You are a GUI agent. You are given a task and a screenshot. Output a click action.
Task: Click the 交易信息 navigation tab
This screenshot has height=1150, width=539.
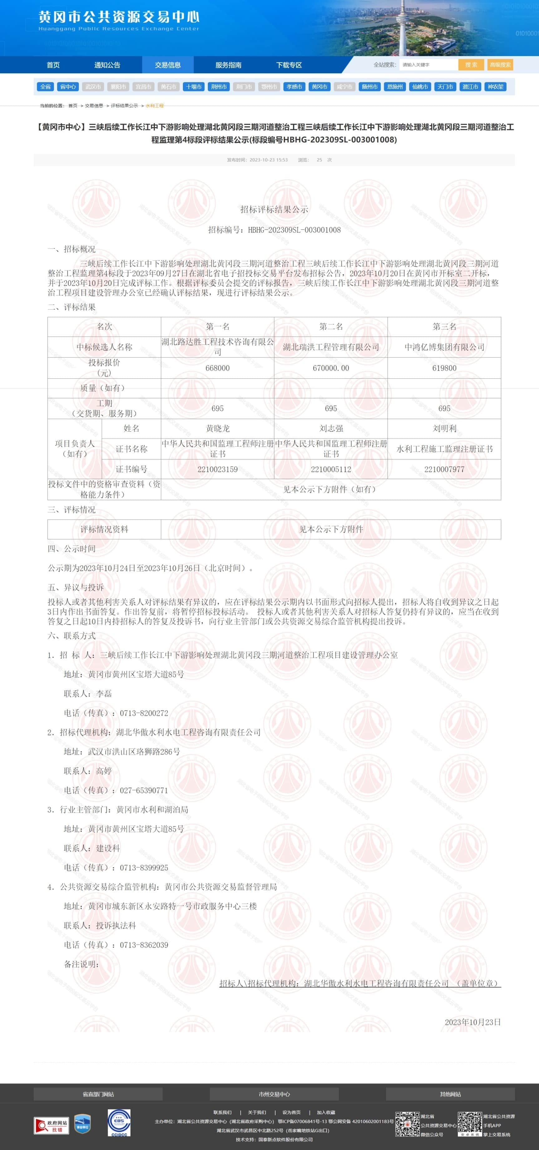(168, 65)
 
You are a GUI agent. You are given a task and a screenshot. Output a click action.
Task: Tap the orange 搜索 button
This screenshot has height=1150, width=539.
(471, 65)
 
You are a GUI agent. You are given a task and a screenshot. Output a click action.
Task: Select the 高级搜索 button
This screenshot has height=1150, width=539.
(500, 65)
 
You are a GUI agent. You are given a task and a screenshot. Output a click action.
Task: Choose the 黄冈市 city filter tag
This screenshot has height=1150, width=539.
(320, 87)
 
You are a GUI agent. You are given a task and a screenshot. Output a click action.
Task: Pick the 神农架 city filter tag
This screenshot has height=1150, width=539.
(495, 87)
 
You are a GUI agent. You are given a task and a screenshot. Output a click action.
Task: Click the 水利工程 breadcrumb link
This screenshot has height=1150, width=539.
(154, 106)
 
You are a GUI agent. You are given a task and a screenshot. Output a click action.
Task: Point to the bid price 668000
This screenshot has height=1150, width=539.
(217, 368)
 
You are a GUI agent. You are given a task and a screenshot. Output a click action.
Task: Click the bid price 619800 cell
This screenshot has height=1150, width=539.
(444, 368)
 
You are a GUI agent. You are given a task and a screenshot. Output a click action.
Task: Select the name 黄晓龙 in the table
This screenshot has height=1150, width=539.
(217, 428)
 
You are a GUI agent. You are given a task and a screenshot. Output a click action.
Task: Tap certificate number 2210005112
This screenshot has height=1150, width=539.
(331, 469)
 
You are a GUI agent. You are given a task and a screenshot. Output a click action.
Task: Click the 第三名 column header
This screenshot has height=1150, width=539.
(444, 326)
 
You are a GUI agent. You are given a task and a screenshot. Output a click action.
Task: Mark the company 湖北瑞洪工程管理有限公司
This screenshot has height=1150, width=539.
(331, 347)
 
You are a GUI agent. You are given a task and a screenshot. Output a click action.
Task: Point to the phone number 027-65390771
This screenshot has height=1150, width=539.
(144, 790)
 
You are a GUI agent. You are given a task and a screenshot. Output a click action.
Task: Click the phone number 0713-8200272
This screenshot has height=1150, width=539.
(144, 713)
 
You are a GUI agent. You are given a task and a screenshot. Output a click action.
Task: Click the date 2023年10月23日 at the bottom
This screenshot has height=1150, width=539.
(473, 1022)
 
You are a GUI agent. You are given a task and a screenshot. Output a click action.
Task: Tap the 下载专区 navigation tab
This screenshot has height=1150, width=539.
(289, 65)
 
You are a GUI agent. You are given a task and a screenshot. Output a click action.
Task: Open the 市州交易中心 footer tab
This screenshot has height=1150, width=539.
(274, 1094)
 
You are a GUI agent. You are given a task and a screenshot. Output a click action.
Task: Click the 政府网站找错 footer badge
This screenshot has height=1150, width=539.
(51, 1125)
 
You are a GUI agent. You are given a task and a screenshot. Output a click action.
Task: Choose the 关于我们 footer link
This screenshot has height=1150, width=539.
(257, 1112)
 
